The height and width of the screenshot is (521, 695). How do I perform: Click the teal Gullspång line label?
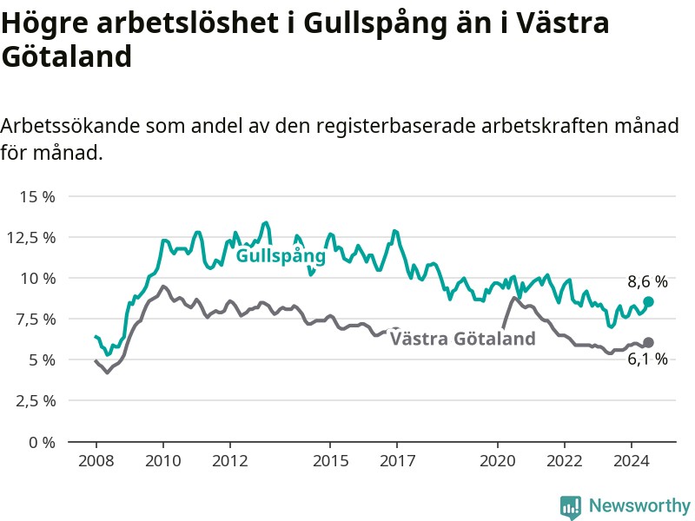[x=281, y=256]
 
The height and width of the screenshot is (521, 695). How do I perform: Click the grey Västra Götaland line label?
[x=463, y=339]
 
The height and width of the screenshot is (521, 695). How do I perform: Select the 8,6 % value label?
[x=647, y=281]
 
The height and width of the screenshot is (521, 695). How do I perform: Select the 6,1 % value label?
[x=647, y=359]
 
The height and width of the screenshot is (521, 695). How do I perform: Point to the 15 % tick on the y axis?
[x=37, y=197]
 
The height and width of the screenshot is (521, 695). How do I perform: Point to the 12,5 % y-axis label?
[x=31, y=238]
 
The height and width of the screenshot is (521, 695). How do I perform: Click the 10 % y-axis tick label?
[x=37, y=279]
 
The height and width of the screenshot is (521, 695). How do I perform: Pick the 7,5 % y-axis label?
[x=36, y=320]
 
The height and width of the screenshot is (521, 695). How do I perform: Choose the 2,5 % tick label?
[x=36, y=401]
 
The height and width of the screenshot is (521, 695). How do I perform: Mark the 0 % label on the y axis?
[x=42, y=442]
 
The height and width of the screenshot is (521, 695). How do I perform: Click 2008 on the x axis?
[x=96, y=461]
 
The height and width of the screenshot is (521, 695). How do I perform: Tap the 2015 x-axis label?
[x=330, y=461]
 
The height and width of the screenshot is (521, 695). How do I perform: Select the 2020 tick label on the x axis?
[x=497, y=461]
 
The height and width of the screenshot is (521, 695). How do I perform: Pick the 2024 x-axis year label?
[x=632, y=461]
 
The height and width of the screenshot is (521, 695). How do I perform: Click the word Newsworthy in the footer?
[x=639, y=505]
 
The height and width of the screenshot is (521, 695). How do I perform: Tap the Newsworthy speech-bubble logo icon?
[x=571, y=507]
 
